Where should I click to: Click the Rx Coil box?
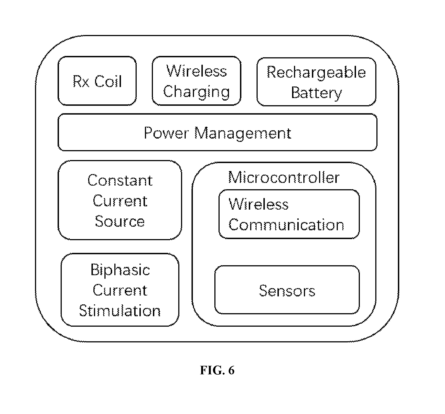pyautogui.click(x=97, y=81)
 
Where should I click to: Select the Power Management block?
pyautogui.click(x=217, y=132)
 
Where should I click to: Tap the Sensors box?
pyautogui.click(x=287, y=290)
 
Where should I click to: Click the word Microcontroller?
pyautogui.click(x=284, y=178)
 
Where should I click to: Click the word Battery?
pyautogui.click(x=317, y=93)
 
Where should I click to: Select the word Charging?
pyautogui.click(x=196, y=92)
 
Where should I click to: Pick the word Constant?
pyautogui.click(x=120, y=180)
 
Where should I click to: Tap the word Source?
pyautogui.click(x=120, y=221)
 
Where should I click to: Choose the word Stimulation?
pyautogui.click(x=120, y=311)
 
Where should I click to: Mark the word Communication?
pyautogui.click(x=287, y=225)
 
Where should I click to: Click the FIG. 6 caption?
pyautogui.click(x=217, y=370)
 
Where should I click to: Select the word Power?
pyautogui.click(x=166, y=133)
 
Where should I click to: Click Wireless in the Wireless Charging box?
pyautogui.click(x=197, y=71)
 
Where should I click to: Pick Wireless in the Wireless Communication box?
pyautogui.click(x=259, y=204)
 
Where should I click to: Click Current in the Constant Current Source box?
pyautogui.click(x=120, y=201)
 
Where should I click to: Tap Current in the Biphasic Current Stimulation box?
pyautogui.click(x=120, y=290)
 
